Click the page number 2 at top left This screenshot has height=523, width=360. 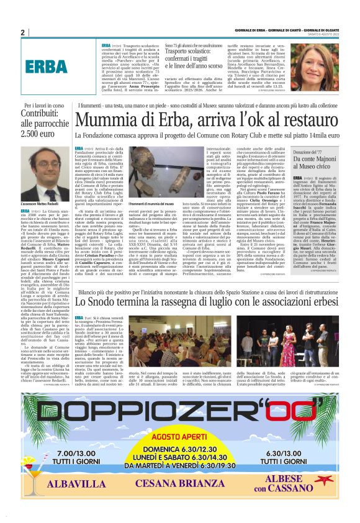(x=22, y=32)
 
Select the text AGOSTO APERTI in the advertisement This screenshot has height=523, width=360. (x=181, y=436)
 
